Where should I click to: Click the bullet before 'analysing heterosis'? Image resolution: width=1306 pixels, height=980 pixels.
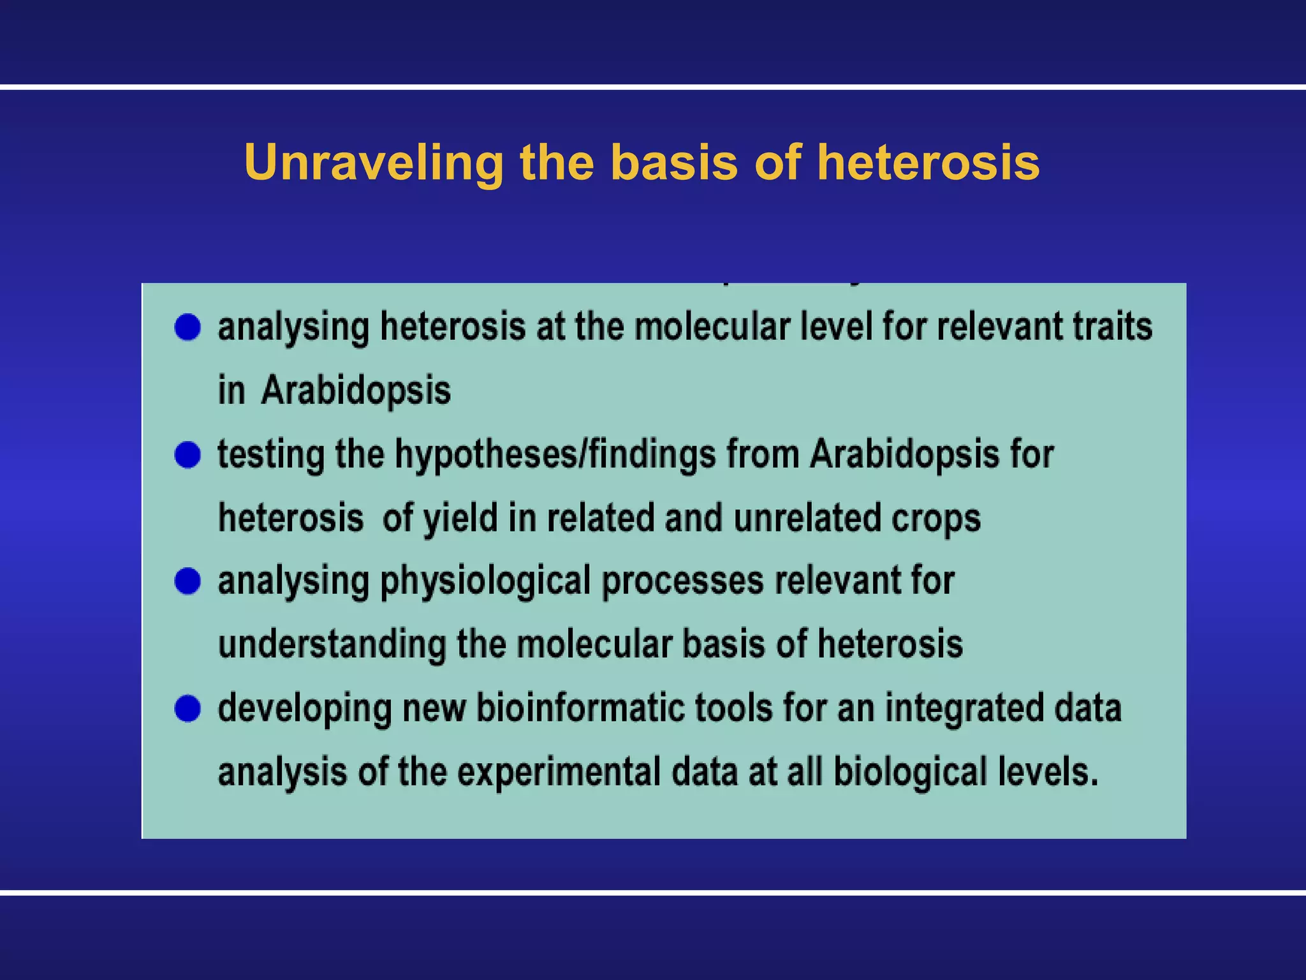click(x=187, y=327)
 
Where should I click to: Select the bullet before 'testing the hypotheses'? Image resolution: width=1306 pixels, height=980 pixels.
click(x=187, y=455)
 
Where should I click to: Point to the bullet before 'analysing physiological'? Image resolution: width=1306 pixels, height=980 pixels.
click(x=187, y=581)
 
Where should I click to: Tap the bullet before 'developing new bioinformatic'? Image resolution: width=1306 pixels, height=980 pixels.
click(x=187, y=709)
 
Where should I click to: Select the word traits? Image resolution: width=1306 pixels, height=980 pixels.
click(x=1112, y=327)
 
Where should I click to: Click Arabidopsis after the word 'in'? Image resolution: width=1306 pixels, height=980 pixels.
click(x=356, y=390)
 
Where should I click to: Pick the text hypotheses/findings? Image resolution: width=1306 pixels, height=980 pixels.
click(x=555, y=455)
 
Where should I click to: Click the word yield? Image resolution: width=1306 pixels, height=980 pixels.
click(x=460, y=517)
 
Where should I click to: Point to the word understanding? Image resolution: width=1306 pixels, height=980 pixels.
click(x=332, y=644)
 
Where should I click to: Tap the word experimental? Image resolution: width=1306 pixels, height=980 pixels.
click(x=559, y=771)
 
